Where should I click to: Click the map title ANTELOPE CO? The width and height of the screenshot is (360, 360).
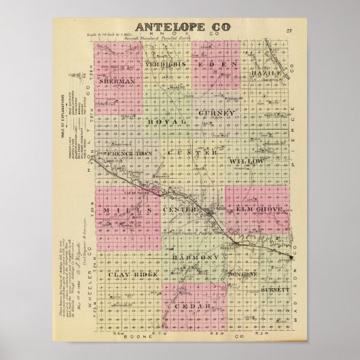pos(183,26)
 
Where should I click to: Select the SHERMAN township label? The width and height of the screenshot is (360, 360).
pos(118,81)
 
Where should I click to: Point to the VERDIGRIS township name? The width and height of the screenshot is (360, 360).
pos(166,64)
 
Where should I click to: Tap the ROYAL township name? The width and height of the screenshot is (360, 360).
pos(171,121)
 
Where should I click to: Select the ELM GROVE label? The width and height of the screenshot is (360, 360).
pos(259,212)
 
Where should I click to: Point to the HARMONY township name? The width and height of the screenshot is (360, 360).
pos(196,258)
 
